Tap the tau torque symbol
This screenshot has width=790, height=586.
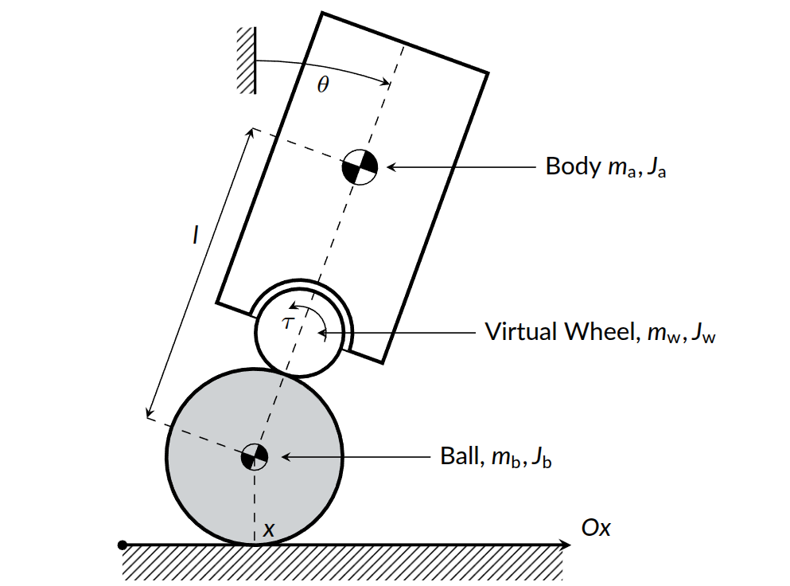[289, 322]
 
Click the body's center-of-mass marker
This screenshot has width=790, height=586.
[358, 167]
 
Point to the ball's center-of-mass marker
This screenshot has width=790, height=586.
[255, 457]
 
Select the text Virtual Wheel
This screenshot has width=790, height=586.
[558, 332]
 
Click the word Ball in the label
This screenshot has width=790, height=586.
[457, 457]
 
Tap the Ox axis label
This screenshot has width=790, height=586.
[596, 528]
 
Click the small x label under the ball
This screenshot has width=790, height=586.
[269, 529]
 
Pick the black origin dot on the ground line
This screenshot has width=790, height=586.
[122, 545]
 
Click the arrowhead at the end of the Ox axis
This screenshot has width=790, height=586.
[566, 545]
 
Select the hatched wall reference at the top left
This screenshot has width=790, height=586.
[246, 61]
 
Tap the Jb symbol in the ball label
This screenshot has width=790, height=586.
[541, 458]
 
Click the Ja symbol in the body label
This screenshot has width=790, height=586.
[655, 167]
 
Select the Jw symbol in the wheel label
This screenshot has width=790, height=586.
[704, 333]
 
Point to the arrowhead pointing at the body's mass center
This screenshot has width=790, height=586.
[391, 167]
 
